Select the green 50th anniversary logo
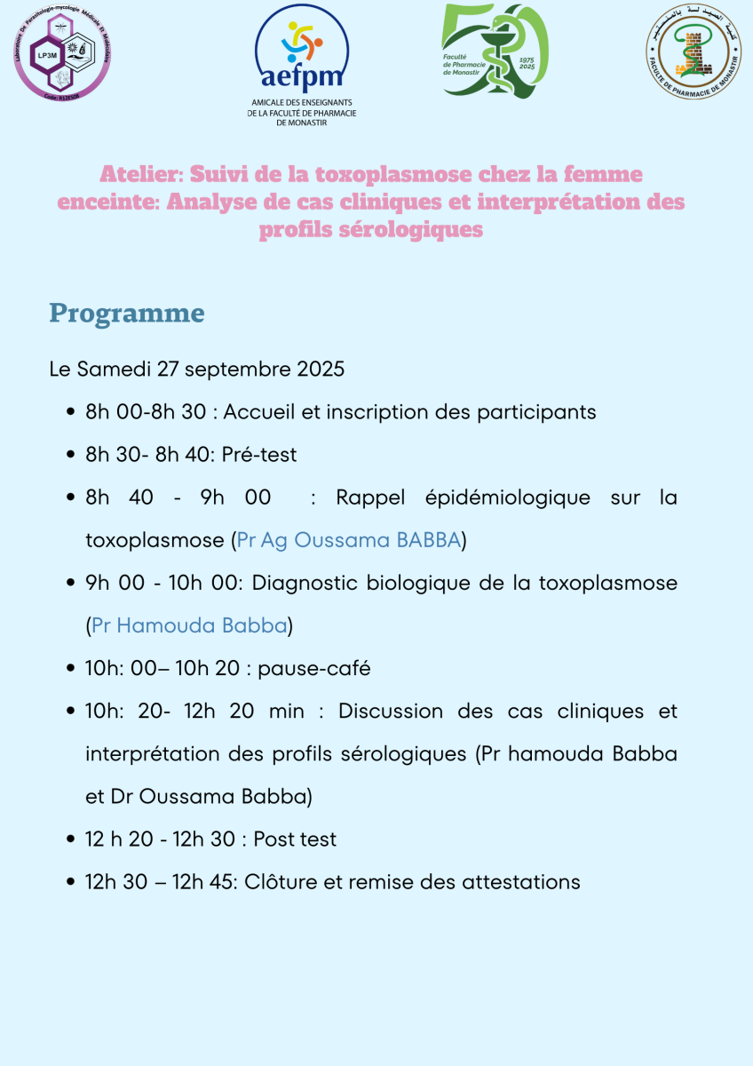pos(495,52)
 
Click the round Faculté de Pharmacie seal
pos(693,50)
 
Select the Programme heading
pos(127,313)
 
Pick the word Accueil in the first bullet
pos(269,412)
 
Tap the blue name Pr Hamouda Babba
pos(190,625)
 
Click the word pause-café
pos(314,668)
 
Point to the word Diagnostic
pos(308,583)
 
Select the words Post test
pos(295,839)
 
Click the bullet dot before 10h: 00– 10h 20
pos(70,669)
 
